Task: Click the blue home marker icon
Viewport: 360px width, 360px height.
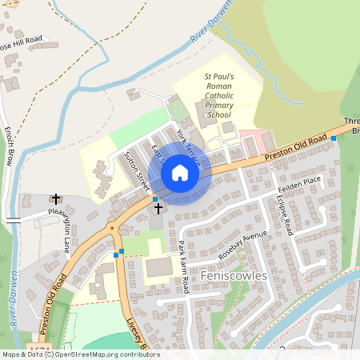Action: pyautogui.click(x=180, y=173)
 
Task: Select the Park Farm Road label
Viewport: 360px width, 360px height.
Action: pyautogui.click(x=183, y=267)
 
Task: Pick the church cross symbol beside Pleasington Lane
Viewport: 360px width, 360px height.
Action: pyautogui.click(x=56, y=198)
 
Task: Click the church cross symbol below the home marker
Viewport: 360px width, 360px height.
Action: pyautogui.click(x=158, y=208)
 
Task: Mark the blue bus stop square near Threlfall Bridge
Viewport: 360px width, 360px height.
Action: pyautogui.click(x=334, y=138)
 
